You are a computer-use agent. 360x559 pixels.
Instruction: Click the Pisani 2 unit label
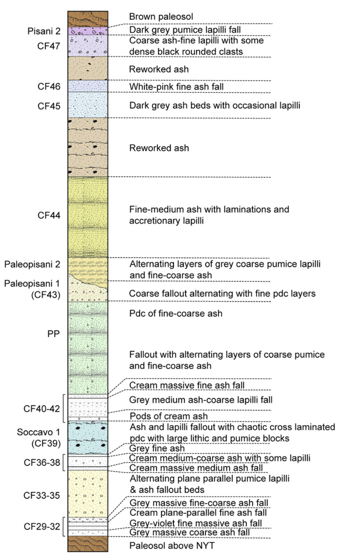[x=44, y=31]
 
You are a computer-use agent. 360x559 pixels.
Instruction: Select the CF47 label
[x=49, y=46]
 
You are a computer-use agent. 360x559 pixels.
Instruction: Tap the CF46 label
[x=49, y=86]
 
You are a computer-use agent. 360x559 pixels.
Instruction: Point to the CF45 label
[x=49, y=106]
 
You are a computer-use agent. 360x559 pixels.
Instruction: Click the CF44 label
[x=49, y=215]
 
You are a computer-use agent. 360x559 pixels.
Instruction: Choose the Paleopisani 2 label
[x=32, y=264]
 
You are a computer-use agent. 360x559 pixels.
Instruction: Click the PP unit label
[x=53, y=334]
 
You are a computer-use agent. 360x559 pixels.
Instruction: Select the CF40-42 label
[x=42, y=409]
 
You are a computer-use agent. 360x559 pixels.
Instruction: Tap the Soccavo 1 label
[x=38, y=432]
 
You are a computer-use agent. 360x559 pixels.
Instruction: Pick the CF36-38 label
[x=42, y=463]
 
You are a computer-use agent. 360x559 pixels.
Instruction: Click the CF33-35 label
[x=42, y=495]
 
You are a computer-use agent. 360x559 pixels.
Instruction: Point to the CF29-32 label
[x=42, y=526]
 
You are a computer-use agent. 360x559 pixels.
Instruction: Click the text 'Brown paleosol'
[x=161, y=17]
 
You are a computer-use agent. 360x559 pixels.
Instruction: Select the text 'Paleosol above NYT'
[x=172, y=545]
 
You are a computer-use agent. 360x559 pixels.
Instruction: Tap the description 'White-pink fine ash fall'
[x=176, y=87]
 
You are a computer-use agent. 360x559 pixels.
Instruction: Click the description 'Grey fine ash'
[x=157, y=448]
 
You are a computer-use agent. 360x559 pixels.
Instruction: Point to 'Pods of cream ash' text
[x=168, y=416]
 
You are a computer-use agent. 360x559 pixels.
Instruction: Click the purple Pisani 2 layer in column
[x=88, y=31]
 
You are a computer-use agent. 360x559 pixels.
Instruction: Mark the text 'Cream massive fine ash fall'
[x=187, y=385]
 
